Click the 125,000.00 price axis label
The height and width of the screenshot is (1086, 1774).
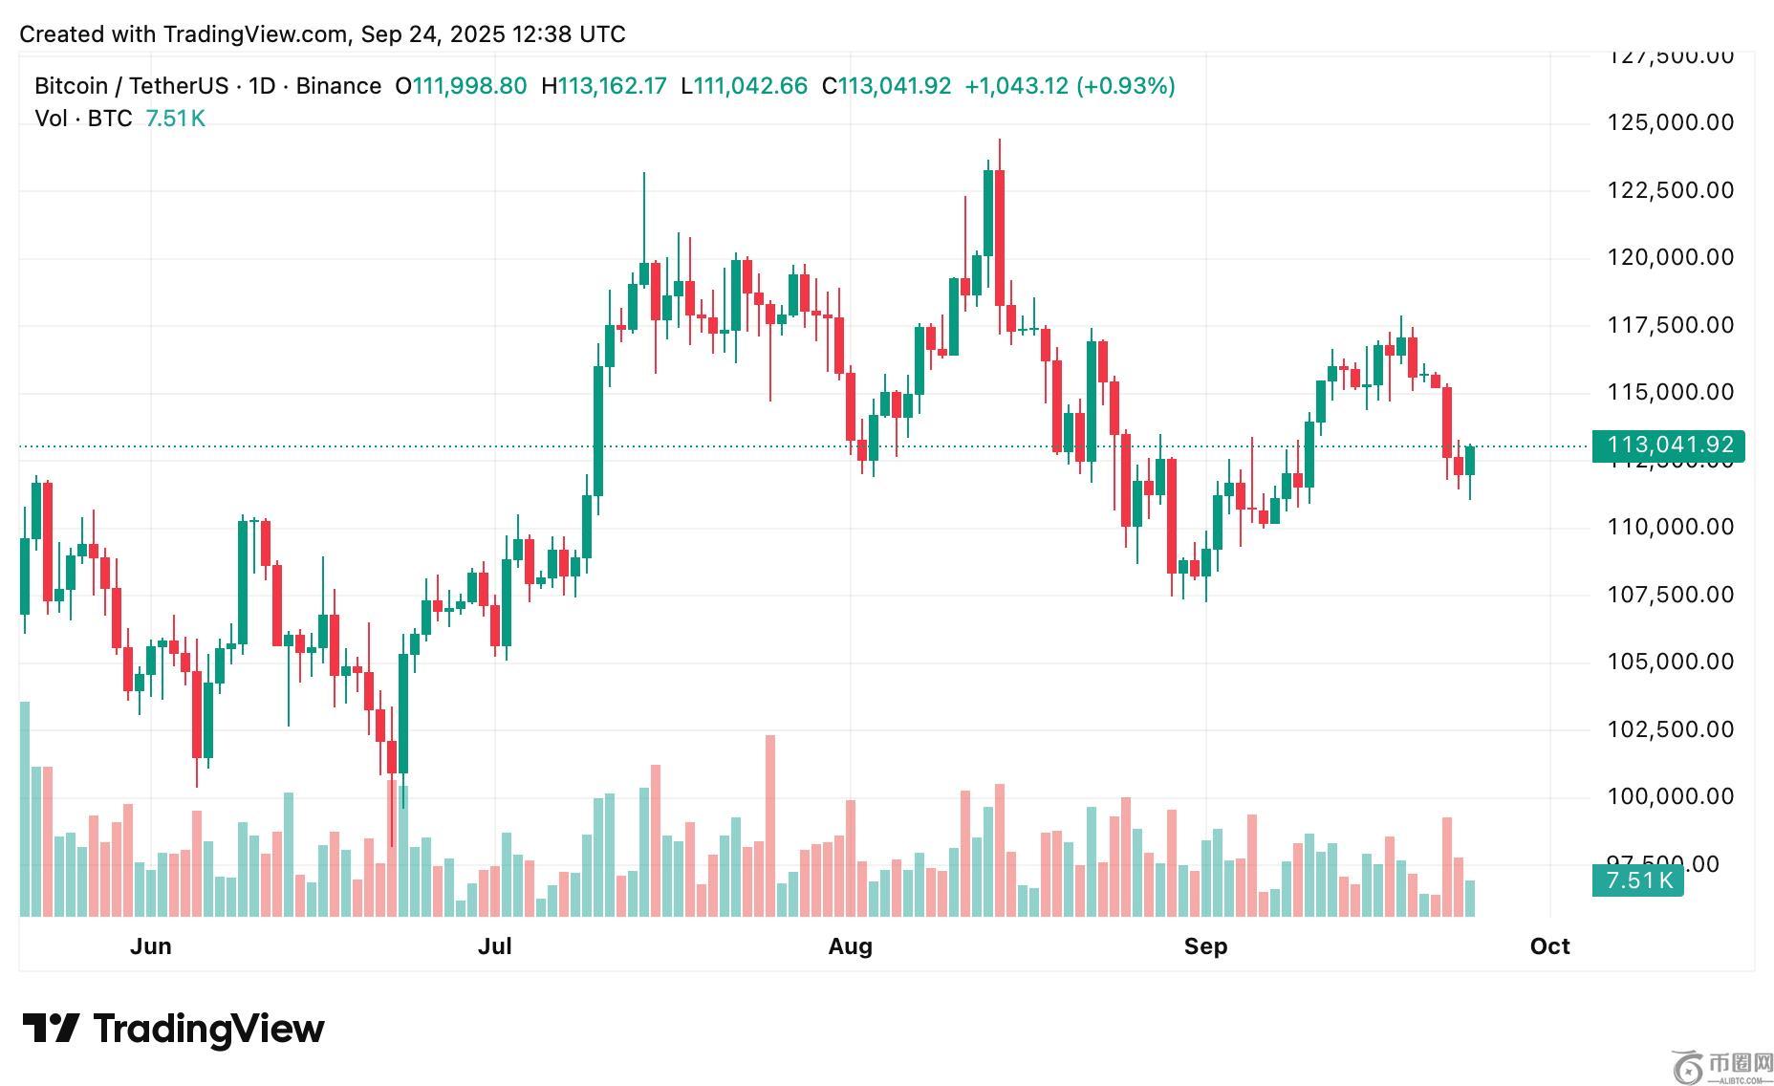(x=1670, y=122)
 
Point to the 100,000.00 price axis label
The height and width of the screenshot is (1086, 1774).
(x=1670, y=796)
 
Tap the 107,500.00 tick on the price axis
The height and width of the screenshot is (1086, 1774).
(x=1670, y=595)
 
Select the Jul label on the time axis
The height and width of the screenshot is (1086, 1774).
(x=494, y=946)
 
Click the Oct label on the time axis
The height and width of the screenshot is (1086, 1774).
(x=1549, y=946)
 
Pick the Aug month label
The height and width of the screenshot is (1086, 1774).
(x=850, y=946)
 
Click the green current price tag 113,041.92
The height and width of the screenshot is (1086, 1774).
(x=1669, y=445)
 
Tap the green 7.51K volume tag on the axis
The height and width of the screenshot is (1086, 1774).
(x=1638, y=880)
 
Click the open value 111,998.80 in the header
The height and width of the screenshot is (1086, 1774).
(x=469, y=86)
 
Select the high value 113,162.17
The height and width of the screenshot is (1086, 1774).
(x=612, y=86)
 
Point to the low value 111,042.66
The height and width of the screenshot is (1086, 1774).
(x=750, y=86)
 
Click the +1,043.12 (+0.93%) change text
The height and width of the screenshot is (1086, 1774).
(x=1070, y=86)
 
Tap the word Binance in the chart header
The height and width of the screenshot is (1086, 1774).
(x=338, y=86)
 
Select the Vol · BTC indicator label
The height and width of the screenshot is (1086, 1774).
(x=83, y=119)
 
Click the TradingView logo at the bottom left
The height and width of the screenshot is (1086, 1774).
(x=173, y=1029)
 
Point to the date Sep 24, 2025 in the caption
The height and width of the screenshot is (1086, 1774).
(x=427, y=34)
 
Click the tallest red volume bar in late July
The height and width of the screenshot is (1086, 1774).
(x=770, y=825)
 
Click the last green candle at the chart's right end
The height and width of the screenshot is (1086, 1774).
(x=1470, y=460)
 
